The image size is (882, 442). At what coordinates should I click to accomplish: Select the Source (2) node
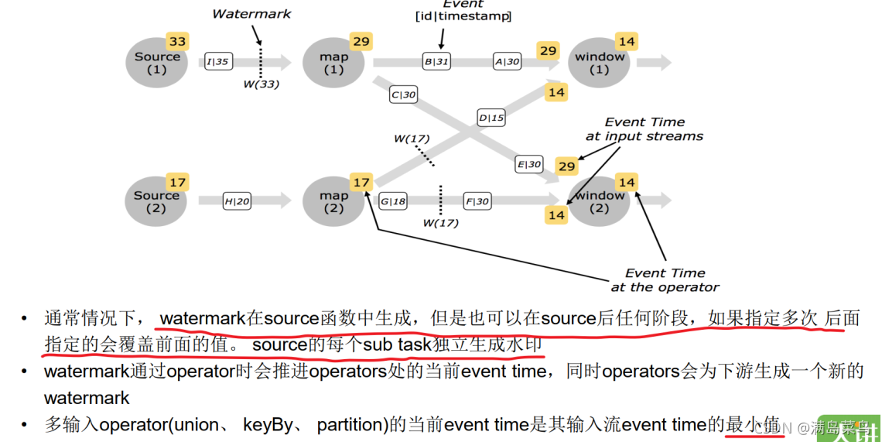(x=156, y=202)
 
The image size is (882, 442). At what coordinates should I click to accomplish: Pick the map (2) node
(x=333, y=202)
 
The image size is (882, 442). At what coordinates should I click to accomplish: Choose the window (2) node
(x=600, y=202)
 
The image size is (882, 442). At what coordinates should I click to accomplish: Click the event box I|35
(x=219, y=62)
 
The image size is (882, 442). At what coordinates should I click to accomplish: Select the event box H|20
(x=238, y=201)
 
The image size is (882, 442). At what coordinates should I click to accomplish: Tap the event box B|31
(x=436, y=62)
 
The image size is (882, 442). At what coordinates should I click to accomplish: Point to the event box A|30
(x=508, y=62)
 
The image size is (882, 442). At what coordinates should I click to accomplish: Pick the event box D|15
(x=491, y=118)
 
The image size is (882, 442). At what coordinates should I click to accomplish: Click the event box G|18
(x=393, y=201)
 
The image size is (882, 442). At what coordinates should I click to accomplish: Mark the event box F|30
(x=477, y=201)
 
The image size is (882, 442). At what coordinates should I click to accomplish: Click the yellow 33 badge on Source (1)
(x=178, y=42)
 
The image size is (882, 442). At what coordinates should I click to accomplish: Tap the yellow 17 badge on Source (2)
(x=178, y=183)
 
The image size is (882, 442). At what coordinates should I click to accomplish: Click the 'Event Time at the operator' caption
(x=665, y=279)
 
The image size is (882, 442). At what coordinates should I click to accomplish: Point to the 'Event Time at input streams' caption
(x=644, y=128)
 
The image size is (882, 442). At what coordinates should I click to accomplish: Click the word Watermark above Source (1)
(x=251, y=14)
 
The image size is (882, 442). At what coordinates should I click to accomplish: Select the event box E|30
(x=529, y=164)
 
